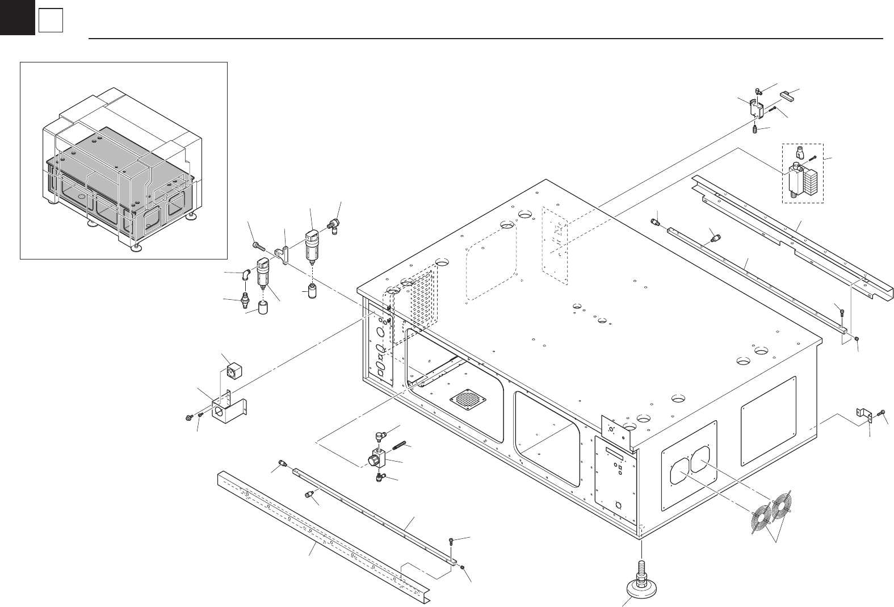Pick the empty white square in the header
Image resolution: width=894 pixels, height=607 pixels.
click(x=51, y=22)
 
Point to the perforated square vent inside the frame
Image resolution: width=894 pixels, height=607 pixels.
click(x=469, y=399)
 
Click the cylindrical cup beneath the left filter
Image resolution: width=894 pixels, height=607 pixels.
click(x=264, y=308)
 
